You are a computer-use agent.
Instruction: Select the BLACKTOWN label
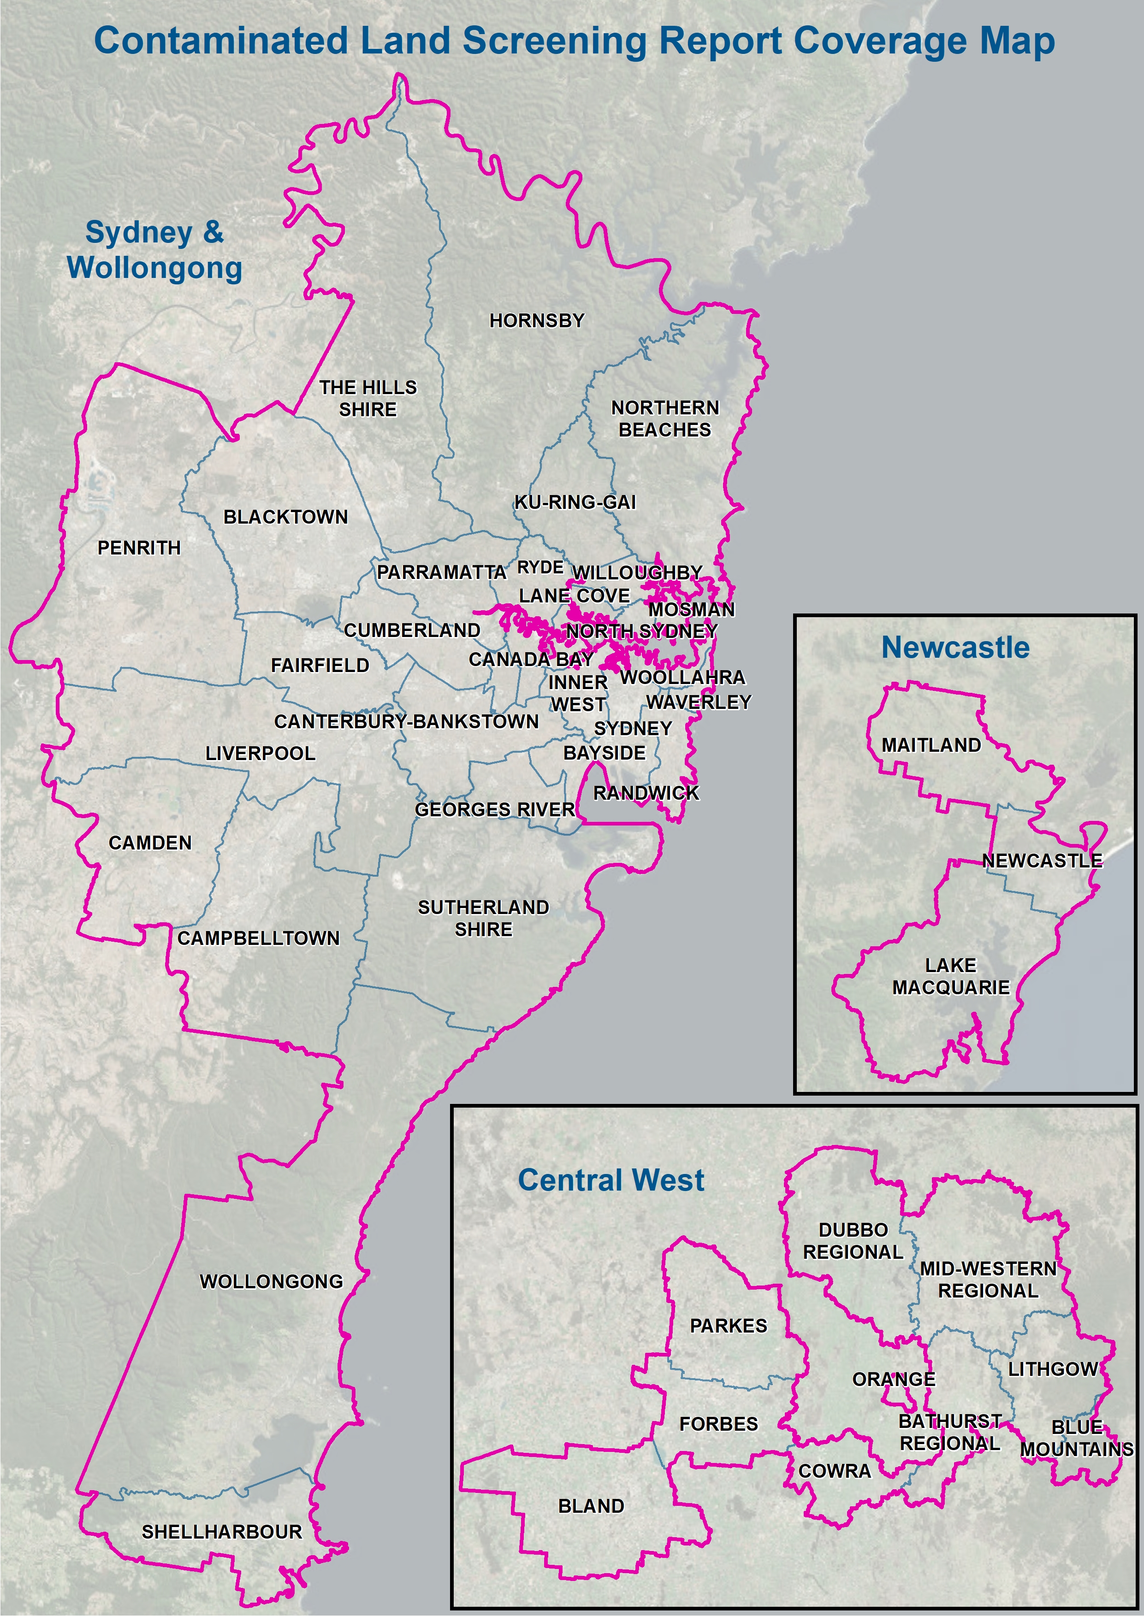pos(285,517)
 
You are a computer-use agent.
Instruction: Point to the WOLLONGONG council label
pos(271,1281)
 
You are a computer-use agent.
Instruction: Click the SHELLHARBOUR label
pos(221,1532)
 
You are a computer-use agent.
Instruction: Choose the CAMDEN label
pos(150,843)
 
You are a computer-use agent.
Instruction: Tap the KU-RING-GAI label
pos(575,502)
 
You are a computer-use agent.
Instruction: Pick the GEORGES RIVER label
pos(494,810)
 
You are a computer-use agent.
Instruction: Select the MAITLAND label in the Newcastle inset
pos(931,745)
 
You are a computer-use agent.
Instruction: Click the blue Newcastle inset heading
pos(955,648)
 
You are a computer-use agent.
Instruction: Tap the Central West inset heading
pos(611,1180)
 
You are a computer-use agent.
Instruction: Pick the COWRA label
pos(834,1471)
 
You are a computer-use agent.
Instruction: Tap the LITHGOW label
pos(1052,1369)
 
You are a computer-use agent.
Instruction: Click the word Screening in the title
pos(554,41)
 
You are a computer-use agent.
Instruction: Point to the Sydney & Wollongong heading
pos(154,250)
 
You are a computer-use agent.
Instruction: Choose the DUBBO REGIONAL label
pos(853,1241)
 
